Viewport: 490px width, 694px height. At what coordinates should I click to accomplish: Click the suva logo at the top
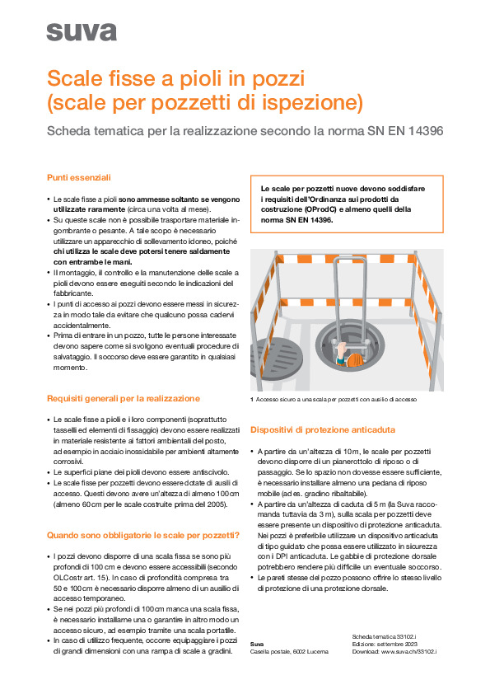pyautogui.click(x=82, y=32)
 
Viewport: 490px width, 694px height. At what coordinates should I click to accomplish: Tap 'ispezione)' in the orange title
pyautogui.click(x=317, y=103)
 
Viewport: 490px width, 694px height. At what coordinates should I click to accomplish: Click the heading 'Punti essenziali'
pyautogui.click(x=79, y=177)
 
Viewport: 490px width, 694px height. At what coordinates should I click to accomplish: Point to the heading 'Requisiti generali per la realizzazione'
pyautogui.click(x=124, y=398)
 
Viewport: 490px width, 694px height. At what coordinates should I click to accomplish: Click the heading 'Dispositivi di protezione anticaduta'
pyautogui.click(x=322, y=430)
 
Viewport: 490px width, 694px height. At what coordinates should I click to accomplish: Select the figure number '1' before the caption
pyautogui.click(x=251, y=400)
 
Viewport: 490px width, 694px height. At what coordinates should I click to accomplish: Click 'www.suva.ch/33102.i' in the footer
pyautogui.click(x=408, y=651)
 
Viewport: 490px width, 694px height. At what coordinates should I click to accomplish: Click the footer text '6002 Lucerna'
pyautogui.click(x=311, y=651)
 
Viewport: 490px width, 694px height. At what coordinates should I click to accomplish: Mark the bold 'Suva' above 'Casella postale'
pyautogui.click(x=257, y=644)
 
